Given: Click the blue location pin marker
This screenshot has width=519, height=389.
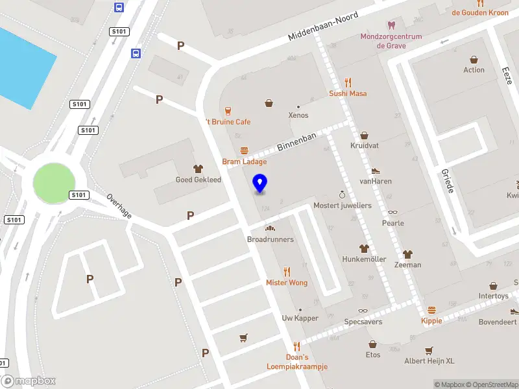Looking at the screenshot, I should pyautogui.click(x=259, y=183).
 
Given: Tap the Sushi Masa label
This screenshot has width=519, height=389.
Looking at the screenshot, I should pyautogui.click(x=348, y=93).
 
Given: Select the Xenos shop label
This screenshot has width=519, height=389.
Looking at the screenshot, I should pyautogui.click(x=298, y=115).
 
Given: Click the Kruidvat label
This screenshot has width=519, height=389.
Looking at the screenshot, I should pyautogui.click(x=364, y=146).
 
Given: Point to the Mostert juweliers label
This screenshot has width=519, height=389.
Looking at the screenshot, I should pyautogui.click(x=342, y=205).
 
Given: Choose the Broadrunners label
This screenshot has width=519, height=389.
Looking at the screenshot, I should pyautogui.click(x=270, y=239).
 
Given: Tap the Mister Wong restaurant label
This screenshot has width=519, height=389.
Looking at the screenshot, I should pyautogui.click(x=287, y=283).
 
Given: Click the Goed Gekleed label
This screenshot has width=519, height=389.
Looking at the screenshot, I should pyautogui.click(x=198, y=180).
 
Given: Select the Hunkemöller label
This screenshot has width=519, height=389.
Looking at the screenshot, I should pyautogui.click(x=364, y=259).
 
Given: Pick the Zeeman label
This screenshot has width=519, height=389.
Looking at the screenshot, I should pyautogui.click(x=407, y=265).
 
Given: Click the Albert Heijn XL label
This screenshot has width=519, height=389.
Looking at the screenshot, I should pyautogui.click(x=429, y=361).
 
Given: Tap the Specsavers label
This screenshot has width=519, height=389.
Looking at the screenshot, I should pyautogui.click(x=363, y=322).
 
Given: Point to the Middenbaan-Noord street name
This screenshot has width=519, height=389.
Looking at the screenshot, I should pyautogui.click(x=324, y=26).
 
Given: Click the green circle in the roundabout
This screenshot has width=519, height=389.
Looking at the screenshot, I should pyautogui.click(x=54, y=182).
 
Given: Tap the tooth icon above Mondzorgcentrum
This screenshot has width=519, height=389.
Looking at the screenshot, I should pyautogui.click(x=391, y=26).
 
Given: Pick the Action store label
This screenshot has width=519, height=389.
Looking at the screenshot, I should pyautogui.click(x=474, y=70).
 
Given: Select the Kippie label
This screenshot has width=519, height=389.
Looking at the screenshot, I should pyautogui.click(x=431, y=320).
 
